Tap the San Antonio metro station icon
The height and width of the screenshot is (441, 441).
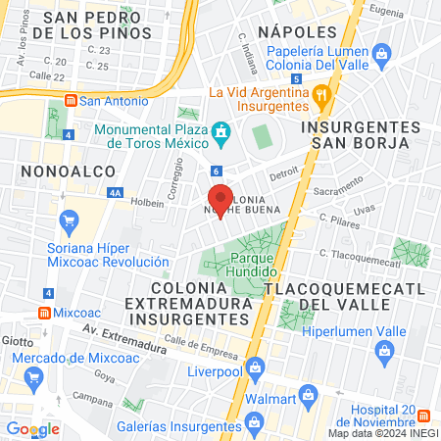(71, 100)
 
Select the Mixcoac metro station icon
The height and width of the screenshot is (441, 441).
(44, 313)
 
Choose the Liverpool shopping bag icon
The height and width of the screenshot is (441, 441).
(255, 369)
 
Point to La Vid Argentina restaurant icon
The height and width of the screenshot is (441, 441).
(319, 96)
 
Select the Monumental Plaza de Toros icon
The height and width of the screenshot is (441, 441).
(222, 131)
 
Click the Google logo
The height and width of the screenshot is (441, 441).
(32, 428)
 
